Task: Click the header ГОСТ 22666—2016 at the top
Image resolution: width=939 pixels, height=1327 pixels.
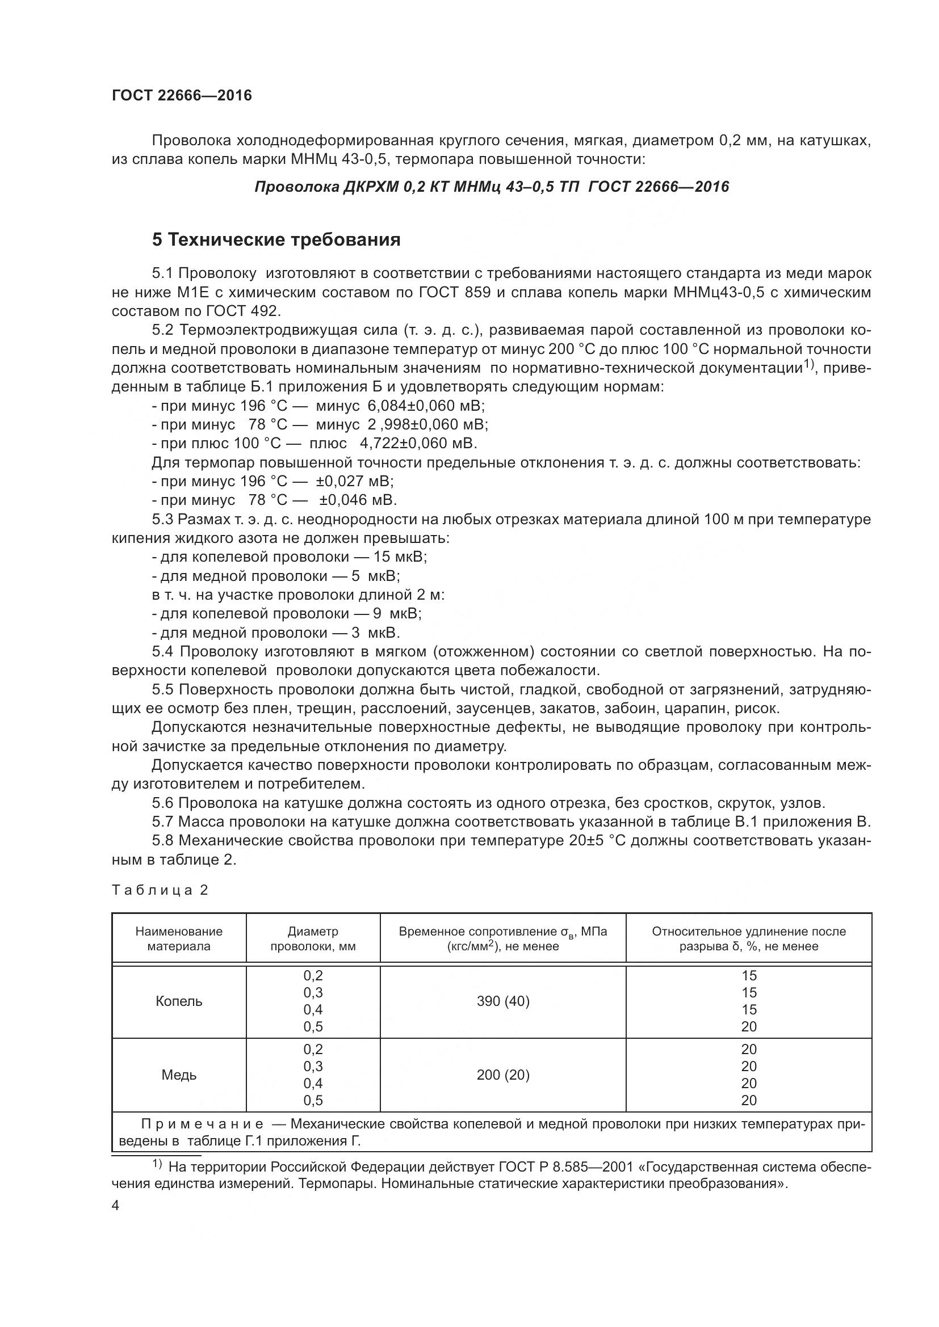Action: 182,95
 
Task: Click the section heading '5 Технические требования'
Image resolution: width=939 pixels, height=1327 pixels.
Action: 276,239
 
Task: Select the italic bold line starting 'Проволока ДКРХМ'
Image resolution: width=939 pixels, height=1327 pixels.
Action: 492,187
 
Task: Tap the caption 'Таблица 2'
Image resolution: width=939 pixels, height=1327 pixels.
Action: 160,890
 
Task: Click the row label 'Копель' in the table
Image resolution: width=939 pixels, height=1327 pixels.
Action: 179,1001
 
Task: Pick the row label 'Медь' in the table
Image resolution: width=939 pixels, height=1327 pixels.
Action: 179,1075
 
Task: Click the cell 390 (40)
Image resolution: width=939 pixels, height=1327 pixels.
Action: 502,1001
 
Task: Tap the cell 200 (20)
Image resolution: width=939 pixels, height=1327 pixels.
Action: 502,1075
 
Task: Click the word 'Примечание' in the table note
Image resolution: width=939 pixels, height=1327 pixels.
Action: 202,1124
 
